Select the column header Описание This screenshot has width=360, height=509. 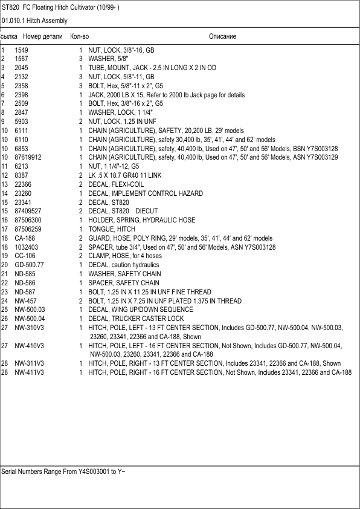tap(222, 37)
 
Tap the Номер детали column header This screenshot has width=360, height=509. tap(38, 37)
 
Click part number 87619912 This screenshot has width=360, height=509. tap(28, 157)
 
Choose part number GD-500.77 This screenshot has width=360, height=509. tap(30, 265)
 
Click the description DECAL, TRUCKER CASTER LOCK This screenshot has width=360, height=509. tap(136, 319)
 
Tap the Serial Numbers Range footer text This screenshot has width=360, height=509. tap(63, 470)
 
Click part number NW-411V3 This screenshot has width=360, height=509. tap(30, 372)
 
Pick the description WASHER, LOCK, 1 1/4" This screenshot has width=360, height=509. tap(120, 112)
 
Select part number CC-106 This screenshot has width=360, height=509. tap(25, 256)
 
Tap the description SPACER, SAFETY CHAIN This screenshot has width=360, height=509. tap(124, 283)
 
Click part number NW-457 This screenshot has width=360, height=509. tap(26, 300)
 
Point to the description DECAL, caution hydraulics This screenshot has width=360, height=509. tap(124, 265)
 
